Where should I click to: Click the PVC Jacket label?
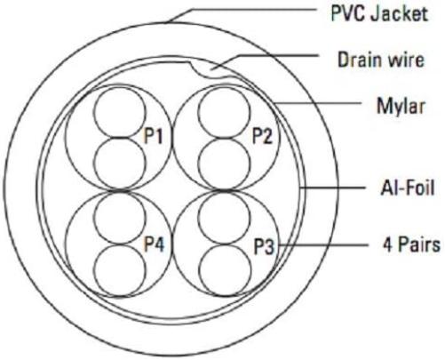[x=379, y=13]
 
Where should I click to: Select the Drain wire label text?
[x=381, y=60]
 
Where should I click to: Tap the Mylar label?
[x=401, y=106]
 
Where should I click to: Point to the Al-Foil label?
[x=408, y=188]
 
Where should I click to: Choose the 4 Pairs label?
[x=411, y=244]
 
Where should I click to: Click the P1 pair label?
[x=153, y=136]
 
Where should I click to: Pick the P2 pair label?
[x=262, y=136]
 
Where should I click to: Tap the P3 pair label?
[x=264, y=247]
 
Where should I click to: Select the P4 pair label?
[x=154, y=244]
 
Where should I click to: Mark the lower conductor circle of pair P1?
[x=120, y=163]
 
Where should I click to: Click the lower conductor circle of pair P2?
[x=224, y=163]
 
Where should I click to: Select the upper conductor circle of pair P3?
[x=224, y=218]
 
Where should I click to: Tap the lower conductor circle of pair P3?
[x=225, y=269]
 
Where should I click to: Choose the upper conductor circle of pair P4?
[x=120, y=218]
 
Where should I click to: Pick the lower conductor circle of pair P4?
[x=120, y=269]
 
